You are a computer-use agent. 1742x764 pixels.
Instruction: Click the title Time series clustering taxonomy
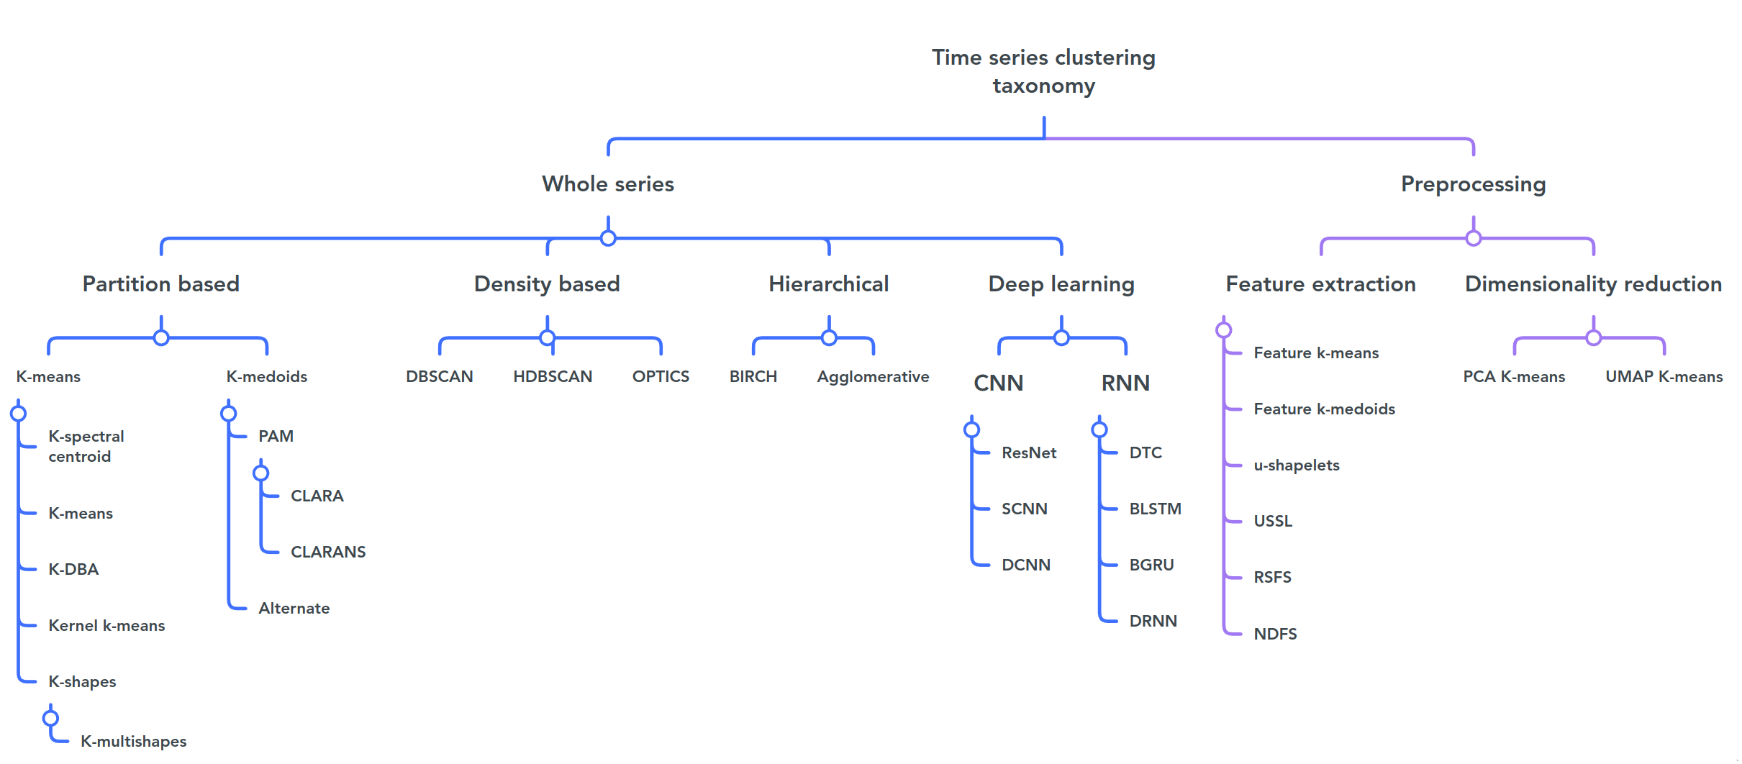click(x=1043, y=71)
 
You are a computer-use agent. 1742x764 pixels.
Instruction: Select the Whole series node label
click(x=608, y=184)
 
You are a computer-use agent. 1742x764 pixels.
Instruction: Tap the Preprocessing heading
click(x=1473, y=184)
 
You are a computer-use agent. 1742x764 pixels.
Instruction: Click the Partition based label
click(x=161, y=284)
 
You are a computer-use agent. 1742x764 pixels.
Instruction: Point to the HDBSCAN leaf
click(x=553, y=376)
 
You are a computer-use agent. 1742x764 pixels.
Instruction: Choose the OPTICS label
click(x=661, y=376)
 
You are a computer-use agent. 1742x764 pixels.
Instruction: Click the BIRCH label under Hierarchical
click(x=753, y=376)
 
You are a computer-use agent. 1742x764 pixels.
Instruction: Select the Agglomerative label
click(x=873, y=376)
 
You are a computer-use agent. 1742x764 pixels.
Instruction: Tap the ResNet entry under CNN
click(x=1029, y=453)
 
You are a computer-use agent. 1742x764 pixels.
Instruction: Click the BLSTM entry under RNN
click(x=1155, y=509)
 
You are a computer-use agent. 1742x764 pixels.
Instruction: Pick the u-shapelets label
click(x=1297, y=465)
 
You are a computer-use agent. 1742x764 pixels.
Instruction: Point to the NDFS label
click(x=1275, y=634)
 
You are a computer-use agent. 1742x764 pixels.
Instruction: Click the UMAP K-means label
click(x=1664, y=376)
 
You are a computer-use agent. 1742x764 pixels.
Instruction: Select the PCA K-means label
click(x=1514, y=376)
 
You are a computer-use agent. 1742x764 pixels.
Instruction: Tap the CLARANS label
click(x=328, y=552)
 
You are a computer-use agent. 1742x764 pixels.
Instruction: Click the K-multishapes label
click(x=133, y=741)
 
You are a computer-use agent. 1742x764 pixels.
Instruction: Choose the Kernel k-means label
click(x=106, y=625)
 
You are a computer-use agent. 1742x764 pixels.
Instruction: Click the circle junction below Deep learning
click(x=1061, y=337)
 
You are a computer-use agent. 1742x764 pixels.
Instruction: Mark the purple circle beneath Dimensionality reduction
click(x=1594, y=337)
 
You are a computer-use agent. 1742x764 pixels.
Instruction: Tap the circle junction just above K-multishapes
click(x=50, y=718)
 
